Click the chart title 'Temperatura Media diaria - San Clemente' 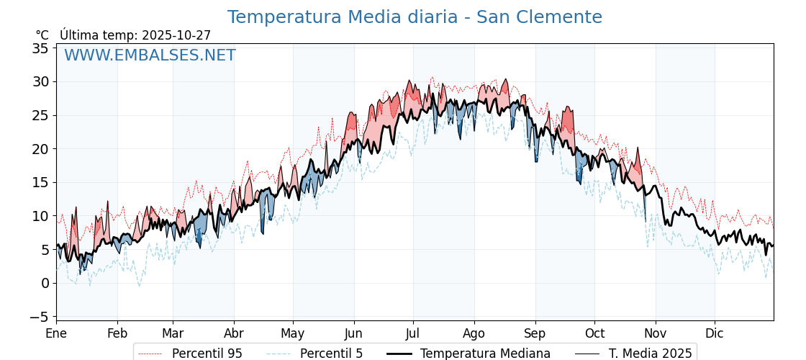coord(415,17)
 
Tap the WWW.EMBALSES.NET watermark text coord(150,55)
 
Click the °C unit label coord(42,35)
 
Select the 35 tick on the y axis coord(40,48)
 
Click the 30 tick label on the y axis coord(40,82)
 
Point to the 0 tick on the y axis coord(45,283)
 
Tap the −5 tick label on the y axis coord(40,317)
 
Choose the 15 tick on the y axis coord(40,182)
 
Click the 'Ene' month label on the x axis coord(56,333)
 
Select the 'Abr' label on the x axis coord(234,333)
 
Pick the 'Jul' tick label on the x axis coord(413,333)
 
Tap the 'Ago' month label coord(474,333)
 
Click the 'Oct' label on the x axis coord(594,333)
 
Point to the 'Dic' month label coord(715,333)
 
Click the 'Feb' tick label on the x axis coord(117,333)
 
